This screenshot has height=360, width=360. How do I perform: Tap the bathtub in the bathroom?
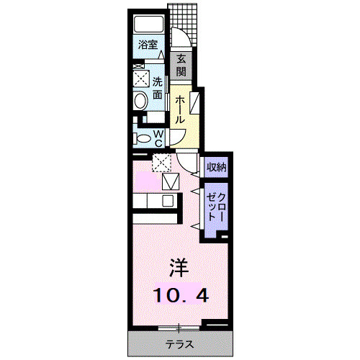150,23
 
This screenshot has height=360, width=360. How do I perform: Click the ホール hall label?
180,110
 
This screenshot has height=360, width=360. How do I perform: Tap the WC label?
158,138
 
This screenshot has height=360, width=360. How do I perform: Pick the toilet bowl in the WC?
143,138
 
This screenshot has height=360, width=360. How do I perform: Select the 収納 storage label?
217,168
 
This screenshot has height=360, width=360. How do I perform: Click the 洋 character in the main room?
179,268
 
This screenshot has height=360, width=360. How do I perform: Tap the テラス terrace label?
179,344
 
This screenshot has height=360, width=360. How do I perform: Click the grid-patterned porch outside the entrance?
184,17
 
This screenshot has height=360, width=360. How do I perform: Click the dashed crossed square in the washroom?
141,77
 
